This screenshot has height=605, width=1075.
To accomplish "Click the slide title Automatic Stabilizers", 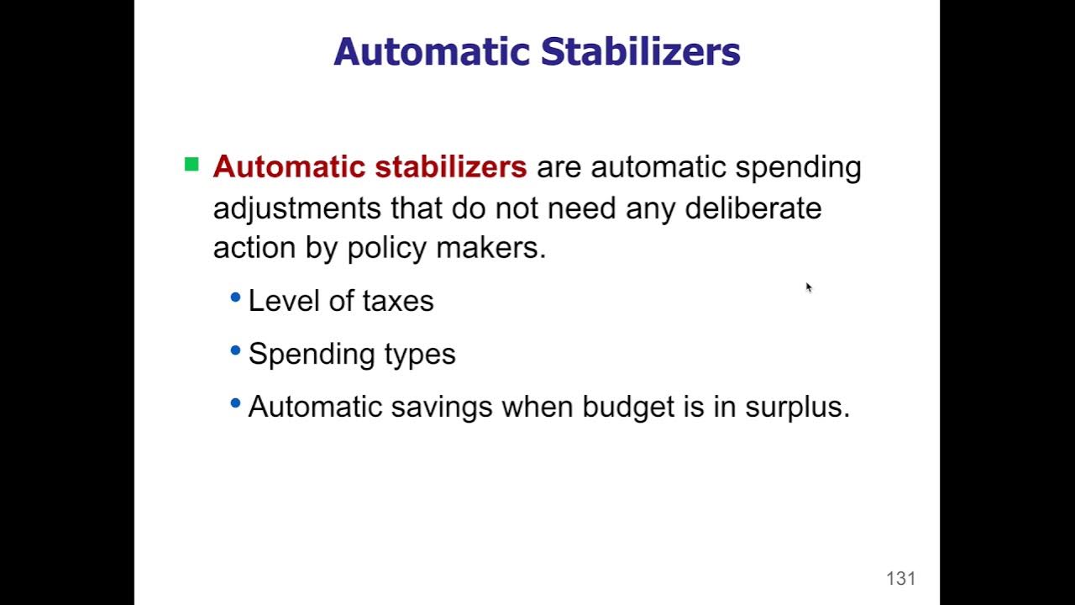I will (x=537, y=52).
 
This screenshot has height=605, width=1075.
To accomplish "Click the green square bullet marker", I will (x=191, y=165).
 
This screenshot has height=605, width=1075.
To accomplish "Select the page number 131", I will (x=900, y=578).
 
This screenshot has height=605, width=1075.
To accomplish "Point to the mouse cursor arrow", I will (x=808, y=287).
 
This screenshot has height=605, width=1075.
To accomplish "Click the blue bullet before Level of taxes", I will (x=235, y=297).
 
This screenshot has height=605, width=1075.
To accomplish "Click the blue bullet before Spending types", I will (x=235, y=350).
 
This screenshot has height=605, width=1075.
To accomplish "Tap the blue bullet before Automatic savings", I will (x=235, y=403).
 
